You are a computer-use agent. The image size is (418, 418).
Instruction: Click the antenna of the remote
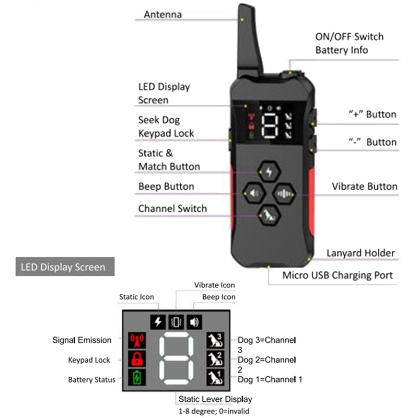(x=250, y=42)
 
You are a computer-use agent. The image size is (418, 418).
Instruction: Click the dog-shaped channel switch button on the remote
(x=269, y=214)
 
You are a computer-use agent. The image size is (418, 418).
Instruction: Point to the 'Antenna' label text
(x=162, y=15)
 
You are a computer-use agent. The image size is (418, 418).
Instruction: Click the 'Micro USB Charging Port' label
(x=338, y=275)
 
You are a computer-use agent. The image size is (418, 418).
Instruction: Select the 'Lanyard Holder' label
(x=361, y=253)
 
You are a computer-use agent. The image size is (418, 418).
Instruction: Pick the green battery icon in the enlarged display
(x=136, y=377)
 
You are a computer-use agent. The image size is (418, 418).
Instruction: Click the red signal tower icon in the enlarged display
(x=136, y=340)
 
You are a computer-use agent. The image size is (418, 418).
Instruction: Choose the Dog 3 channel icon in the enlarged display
(x=215, y=340)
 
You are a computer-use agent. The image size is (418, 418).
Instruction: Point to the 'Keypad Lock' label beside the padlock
(x=90, y=360)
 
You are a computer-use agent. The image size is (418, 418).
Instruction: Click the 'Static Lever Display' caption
(x=215, y=399)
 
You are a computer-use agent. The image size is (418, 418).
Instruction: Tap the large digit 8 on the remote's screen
(x=270, y=126)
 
